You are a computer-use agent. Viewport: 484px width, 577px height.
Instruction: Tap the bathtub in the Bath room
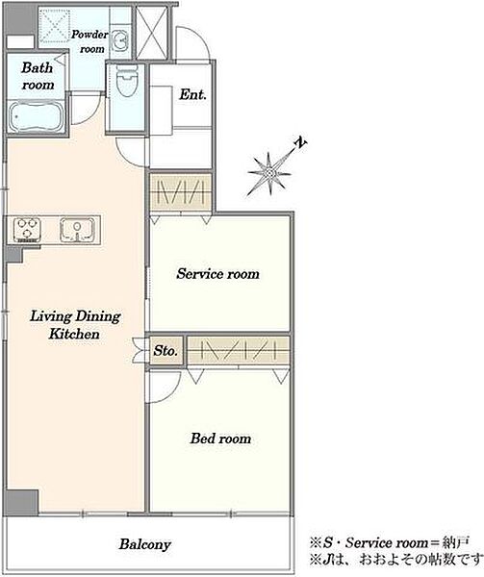click(35, 116)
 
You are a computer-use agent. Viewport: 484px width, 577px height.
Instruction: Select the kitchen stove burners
click(27, 230)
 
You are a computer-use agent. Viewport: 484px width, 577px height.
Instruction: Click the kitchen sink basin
click(77, 230)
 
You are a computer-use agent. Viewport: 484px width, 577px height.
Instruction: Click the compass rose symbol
click(269, 172)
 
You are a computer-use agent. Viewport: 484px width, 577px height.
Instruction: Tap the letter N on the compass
click(301, 142)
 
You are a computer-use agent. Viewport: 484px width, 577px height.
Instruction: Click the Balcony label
click(145, 544)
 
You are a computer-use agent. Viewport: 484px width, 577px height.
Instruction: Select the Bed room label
click(220, 439)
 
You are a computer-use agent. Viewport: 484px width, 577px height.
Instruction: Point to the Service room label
click(217, 274)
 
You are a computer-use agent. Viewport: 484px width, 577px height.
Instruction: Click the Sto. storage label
click(166, 350)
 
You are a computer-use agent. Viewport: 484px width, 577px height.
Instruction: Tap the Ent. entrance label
click(192, 94)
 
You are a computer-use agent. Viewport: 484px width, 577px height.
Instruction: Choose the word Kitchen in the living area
click(74, 334)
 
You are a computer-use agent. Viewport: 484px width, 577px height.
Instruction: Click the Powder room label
click(90, 41)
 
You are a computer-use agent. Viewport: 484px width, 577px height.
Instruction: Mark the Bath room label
click(38, 76)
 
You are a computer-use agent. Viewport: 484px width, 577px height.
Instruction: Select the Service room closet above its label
click(181, 191)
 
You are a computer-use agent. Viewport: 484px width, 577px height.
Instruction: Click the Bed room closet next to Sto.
click(238, 351)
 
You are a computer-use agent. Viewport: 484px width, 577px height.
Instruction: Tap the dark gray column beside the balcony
click(22, 501)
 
